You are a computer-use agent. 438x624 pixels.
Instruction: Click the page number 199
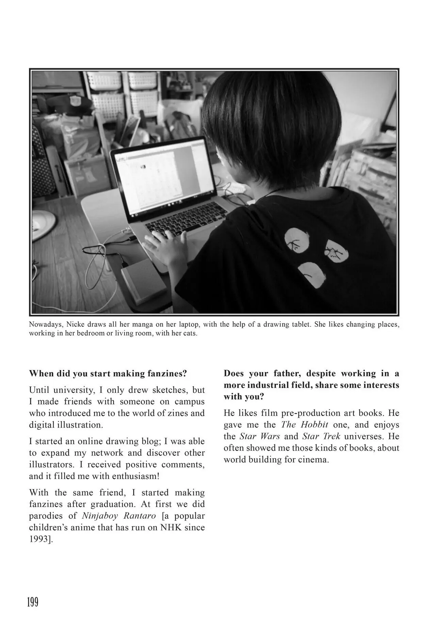(33, 602)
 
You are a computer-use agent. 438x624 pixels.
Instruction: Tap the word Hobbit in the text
(314, 425)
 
